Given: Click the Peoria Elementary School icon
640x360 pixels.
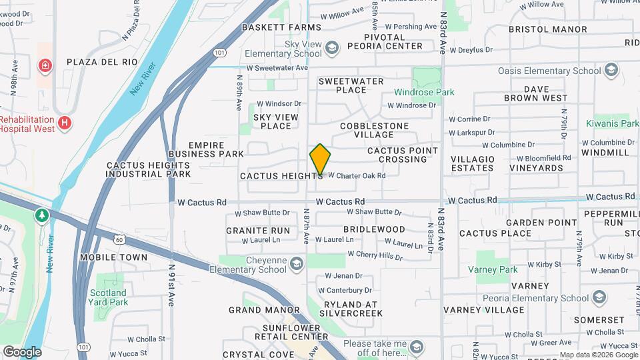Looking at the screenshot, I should tap(599, 297).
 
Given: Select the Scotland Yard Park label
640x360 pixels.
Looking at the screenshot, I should tap(109, 297).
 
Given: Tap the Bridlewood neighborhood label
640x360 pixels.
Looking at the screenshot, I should tap(374, 229).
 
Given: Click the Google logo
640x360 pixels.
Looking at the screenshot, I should tap(22, 351).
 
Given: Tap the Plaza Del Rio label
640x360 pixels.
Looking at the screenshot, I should tap(102, 62).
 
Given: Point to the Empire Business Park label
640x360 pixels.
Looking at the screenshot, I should tap(207, 149).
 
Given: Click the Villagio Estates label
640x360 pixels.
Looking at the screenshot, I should tap(473, 163).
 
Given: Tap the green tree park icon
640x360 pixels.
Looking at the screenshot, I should tap(42, 215).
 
